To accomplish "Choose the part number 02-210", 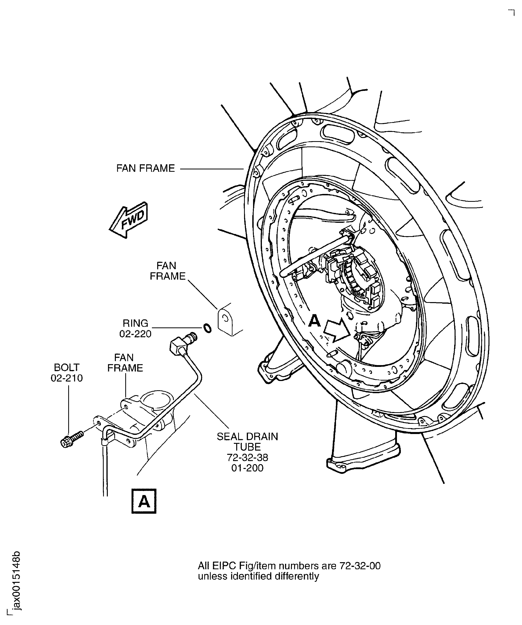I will [67, 378].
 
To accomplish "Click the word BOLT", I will [67, 367].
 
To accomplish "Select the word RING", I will [135, 323].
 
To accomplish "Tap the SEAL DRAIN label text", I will [247, 437].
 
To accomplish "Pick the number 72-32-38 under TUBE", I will [247, 457].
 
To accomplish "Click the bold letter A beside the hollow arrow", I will [314, 321].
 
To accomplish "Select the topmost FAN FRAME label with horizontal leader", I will [145, 168].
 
